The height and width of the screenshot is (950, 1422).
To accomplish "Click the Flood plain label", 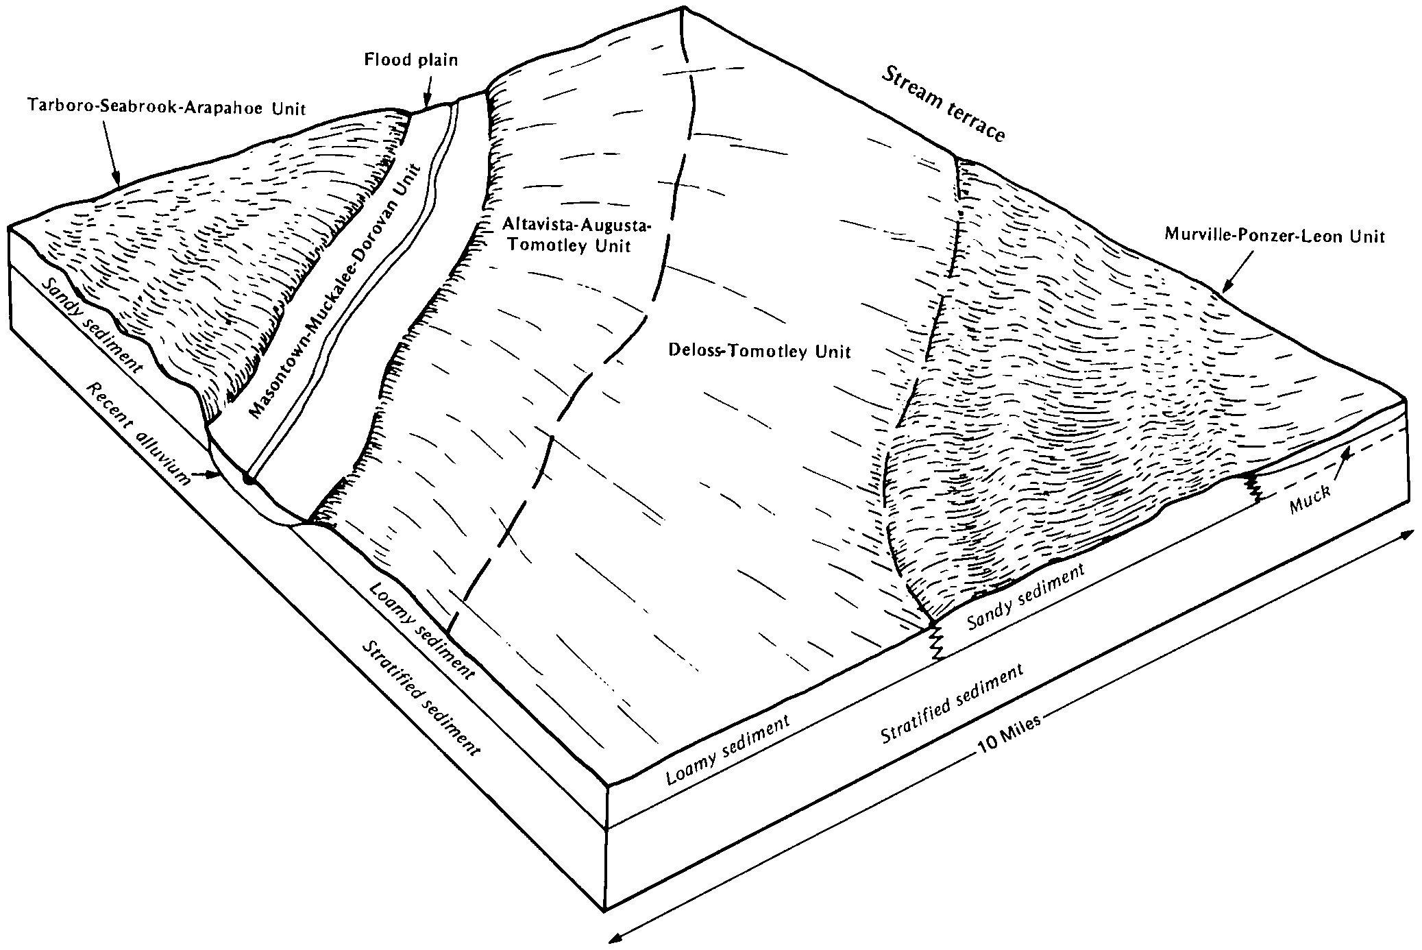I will [410, 60].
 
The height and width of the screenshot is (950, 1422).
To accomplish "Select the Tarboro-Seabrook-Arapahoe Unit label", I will [167, 106].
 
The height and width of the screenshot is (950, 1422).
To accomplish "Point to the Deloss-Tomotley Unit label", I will [759, 351].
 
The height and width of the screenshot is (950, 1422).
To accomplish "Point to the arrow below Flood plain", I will [427, 89].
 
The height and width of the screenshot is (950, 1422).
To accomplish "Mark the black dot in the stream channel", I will [249, 480].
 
